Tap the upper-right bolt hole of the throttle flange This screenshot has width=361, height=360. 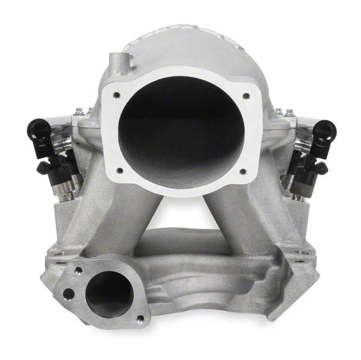(246, 96)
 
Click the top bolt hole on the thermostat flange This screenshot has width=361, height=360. (78, 270)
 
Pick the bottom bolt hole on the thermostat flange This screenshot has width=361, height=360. (140, 318)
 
